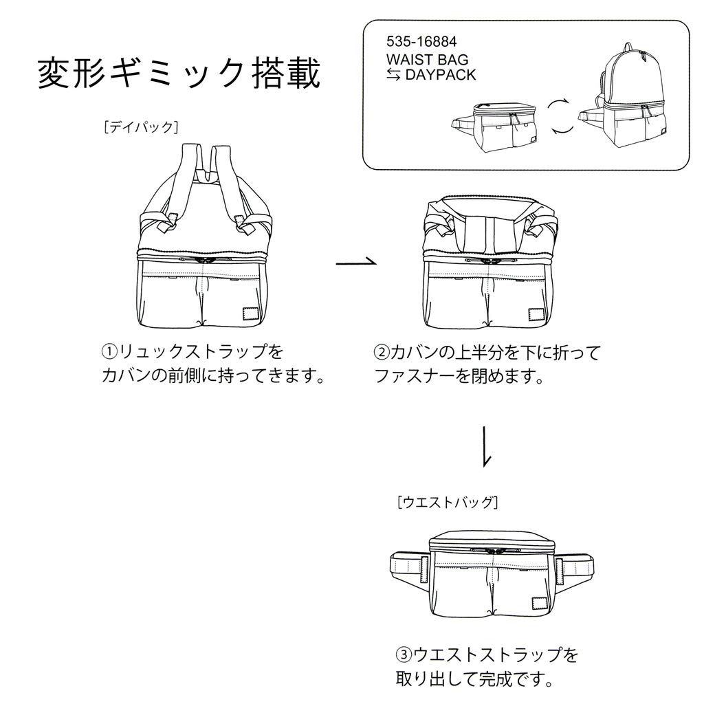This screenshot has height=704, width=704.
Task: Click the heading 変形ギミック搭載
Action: [x=178, y=74]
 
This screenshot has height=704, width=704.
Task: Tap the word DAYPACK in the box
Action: [x=440, y=75]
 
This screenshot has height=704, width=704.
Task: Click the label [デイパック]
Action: [x=141, y=126]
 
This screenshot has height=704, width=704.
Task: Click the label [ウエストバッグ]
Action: [x=447, y=502]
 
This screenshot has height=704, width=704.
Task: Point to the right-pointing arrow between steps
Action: [x=357, y=262]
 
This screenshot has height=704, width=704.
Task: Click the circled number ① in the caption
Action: [x=110, y=352]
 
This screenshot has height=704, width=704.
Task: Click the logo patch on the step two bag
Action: [x=536, y=315]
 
